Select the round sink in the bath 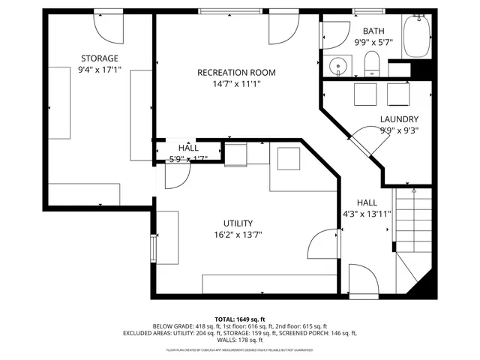[339, 67]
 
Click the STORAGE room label [100, 58]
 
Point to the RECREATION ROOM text [236, 73]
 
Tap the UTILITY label [238, 223]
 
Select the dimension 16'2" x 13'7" [238, 234]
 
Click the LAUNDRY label [399, 119]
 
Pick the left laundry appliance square [366, 94]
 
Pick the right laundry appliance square [397, 94]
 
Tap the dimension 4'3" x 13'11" [367, 214]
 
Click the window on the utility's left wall [153, 247]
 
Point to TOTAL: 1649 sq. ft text [240, 319]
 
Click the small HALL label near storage [188, 148]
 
